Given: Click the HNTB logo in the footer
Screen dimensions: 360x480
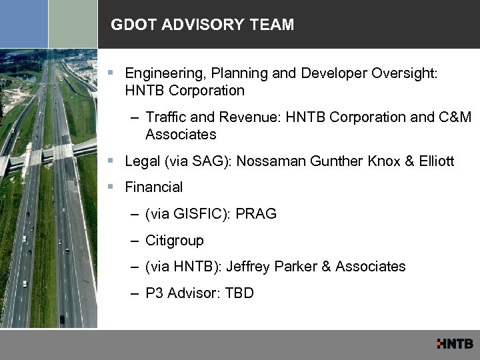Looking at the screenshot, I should click(455, 344).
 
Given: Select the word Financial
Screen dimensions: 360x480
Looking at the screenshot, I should click(153, 187).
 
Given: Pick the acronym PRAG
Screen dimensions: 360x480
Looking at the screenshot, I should click(257, 214).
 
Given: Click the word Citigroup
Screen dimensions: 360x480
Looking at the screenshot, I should click(175, 240).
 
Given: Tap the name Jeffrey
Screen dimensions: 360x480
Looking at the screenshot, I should click(249, 267).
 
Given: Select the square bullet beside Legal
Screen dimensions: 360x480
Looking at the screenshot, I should click(115, 161).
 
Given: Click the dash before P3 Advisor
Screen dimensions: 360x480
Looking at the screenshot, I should click(135, 293).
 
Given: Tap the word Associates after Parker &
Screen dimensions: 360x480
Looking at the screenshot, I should click(371, 267).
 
